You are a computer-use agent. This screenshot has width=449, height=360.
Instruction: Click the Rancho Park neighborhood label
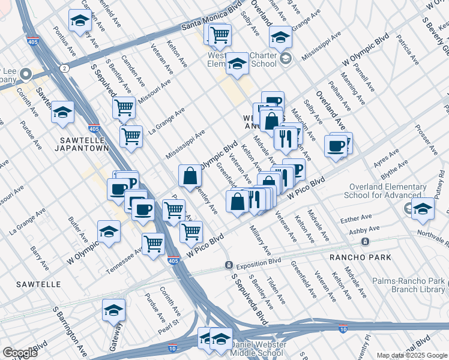point(360,257)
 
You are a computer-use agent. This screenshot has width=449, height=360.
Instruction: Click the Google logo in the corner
point(20,352)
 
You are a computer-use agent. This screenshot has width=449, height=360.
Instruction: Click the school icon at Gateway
point(113,311)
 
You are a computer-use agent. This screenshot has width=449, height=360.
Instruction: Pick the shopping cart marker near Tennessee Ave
point(153,244)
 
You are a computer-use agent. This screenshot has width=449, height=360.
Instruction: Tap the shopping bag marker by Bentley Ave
point(190,176)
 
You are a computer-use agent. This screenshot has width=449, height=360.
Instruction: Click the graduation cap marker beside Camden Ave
point(79,21)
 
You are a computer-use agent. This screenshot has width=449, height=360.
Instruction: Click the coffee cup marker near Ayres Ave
point(336,146)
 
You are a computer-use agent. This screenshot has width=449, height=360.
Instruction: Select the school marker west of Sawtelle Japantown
point(62,113)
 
